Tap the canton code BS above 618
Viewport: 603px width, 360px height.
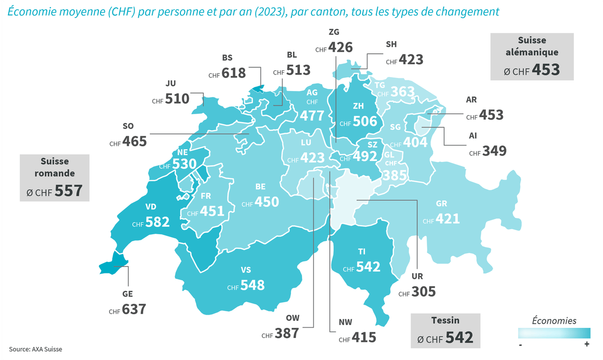tap(228, 58)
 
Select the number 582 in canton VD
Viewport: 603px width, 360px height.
tap(157, 222)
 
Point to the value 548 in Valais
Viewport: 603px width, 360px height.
tap(252, 285)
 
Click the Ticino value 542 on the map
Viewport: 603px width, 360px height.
tap(368, 266)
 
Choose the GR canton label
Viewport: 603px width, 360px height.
tap(442, 204)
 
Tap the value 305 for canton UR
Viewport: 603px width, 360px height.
tap(423, 291)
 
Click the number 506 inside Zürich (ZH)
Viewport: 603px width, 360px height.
tap(365, 121)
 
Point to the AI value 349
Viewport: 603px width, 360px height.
tap(494, 150)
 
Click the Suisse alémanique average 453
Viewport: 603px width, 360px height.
tap(546, 69)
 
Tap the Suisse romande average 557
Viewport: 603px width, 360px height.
tap(69, 191)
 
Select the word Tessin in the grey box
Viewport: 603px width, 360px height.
tap(445, 320)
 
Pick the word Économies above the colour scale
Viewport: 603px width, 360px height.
tap(554, 321)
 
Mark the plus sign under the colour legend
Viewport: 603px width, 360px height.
tap(586, 344)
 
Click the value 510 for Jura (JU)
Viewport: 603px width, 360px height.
tap(177, 99)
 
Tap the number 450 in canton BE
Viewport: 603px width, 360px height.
tap(266, 202)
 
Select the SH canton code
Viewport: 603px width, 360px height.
tap(391, 44)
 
